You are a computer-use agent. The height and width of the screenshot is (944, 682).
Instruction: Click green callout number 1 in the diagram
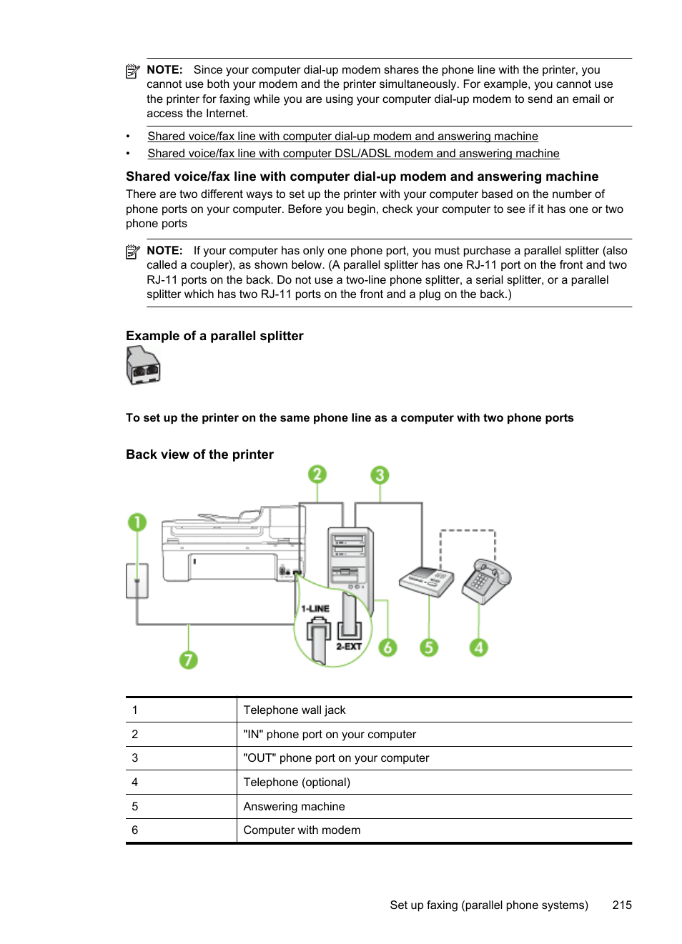coord(137,522)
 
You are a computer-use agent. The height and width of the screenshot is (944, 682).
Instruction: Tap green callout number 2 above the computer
coord(317,475)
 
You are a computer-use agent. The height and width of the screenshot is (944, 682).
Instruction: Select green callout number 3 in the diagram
coord(380,475)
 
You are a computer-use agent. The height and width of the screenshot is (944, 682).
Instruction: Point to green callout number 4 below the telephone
coord(478,647)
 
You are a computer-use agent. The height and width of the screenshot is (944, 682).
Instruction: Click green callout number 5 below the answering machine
coord(428,647)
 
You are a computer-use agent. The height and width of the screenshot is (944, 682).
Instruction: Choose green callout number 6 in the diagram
coord(387,647)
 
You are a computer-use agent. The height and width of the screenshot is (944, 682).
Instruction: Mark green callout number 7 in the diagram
coord(188,660)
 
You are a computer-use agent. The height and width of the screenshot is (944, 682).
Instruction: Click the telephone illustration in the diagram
coord(486,580)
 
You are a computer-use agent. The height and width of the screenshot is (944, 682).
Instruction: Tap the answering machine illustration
coord(426,581)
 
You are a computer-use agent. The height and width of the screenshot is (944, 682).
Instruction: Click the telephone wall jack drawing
coord(137,580)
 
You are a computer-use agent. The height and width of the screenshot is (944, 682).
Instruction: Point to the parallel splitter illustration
coord(143,365)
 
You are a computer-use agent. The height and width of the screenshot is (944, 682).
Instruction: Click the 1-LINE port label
coord(315,609)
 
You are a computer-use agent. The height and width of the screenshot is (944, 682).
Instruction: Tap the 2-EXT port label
coord(349,646)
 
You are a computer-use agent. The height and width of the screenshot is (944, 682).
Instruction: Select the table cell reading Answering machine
coord(294,806)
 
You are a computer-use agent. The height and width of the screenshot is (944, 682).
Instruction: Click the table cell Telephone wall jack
coord(294,710)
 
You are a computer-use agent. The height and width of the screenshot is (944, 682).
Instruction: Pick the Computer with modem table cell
coord(302,830)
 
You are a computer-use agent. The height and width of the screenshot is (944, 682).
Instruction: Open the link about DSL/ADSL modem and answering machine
coord(353,154)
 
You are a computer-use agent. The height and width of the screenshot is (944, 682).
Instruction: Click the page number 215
coord(622,905)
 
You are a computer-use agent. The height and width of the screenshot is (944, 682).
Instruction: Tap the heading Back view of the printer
coord(199,454)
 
